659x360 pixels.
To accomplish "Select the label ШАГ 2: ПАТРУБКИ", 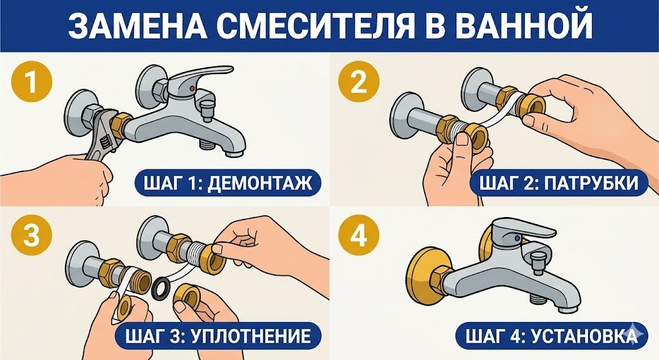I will pyautogui.click(x=558, y=184).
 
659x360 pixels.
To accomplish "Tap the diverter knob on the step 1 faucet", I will pyautogui.click(x=207, y=106).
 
